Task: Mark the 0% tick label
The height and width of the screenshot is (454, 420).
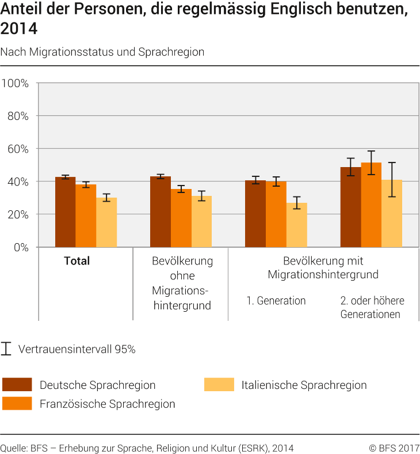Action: click(21, 247)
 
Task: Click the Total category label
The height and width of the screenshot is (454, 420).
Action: click(77, 261)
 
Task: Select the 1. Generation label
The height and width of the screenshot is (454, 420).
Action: click(276, 301)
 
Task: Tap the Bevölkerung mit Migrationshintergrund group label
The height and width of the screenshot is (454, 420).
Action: click(323, 268)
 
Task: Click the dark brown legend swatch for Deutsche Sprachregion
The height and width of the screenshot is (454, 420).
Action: click(17, 384)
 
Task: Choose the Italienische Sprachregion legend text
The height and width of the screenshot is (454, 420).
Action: click(304, 385)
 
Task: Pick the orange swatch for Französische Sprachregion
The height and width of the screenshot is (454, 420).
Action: click(17, 403)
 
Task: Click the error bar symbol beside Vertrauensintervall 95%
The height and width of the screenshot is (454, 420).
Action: click(7, 349)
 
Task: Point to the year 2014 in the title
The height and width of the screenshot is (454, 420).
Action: click(18, 28)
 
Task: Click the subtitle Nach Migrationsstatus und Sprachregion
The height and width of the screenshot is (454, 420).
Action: click(102, 52)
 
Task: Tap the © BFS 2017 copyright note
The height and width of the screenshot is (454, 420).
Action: click(394, 448)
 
